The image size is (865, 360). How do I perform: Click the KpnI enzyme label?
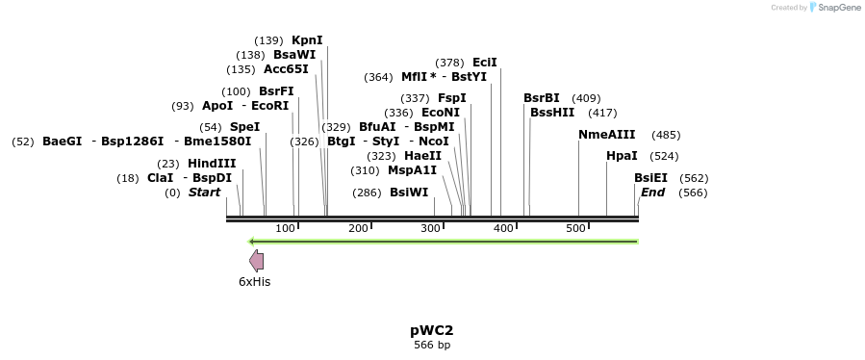click(307, 40)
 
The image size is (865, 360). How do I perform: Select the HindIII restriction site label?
click(212, 164)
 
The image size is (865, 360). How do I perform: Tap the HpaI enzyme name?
click(622, 155)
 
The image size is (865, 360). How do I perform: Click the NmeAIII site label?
click(607, 135)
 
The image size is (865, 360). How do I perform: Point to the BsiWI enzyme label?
click(409, 193)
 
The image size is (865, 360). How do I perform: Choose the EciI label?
click(485, 63)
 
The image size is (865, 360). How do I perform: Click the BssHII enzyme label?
click(552, 113)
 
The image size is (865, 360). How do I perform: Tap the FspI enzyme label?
click(452, 98)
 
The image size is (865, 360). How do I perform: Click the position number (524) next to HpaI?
click(665, 155)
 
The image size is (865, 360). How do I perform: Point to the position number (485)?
click(666, 135)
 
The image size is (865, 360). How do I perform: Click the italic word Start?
click(204, 193)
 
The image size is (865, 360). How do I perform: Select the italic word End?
click(652, 193)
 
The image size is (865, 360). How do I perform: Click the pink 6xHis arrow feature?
click(256, 260)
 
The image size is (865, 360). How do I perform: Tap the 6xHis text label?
click(255, 282)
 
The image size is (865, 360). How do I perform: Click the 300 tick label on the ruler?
click(430, 228)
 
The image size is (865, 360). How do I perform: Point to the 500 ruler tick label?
click(575, 228)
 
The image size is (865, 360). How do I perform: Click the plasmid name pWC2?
click(432, 330)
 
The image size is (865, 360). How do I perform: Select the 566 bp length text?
click(432, 345)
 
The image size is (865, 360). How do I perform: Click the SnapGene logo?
click(834, 8)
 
